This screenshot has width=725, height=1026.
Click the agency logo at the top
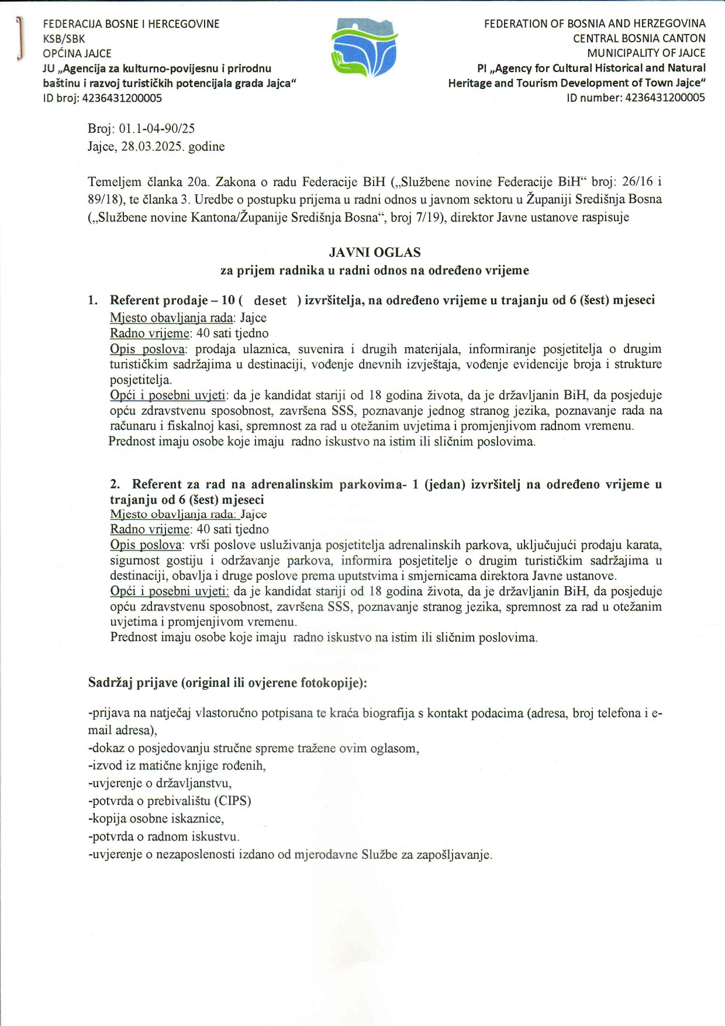click(x=364, y=47)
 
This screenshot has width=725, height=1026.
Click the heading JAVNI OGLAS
click(x=375, y=253)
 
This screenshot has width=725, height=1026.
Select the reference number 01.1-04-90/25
click(x=157, y=129)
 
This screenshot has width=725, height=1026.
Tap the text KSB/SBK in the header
click(x=64, y=39)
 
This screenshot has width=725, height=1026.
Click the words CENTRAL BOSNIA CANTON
click(x=639, y=39)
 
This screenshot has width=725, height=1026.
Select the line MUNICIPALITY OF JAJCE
click(x=646, y=53)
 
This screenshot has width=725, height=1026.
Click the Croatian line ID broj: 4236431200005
click(x=102, y=98)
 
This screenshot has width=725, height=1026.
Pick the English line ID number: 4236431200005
click(x=636, y=98)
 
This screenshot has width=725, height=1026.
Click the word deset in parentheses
click(x=270, y=301)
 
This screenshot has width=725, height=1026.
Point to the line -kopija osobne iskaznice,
click(x=156, y=818)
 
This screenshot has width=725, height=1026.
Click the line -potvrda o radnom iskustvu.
click(x=164, y=836)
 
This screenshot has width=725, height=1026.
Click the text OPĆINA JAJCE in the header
click(x=77, y=54)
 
